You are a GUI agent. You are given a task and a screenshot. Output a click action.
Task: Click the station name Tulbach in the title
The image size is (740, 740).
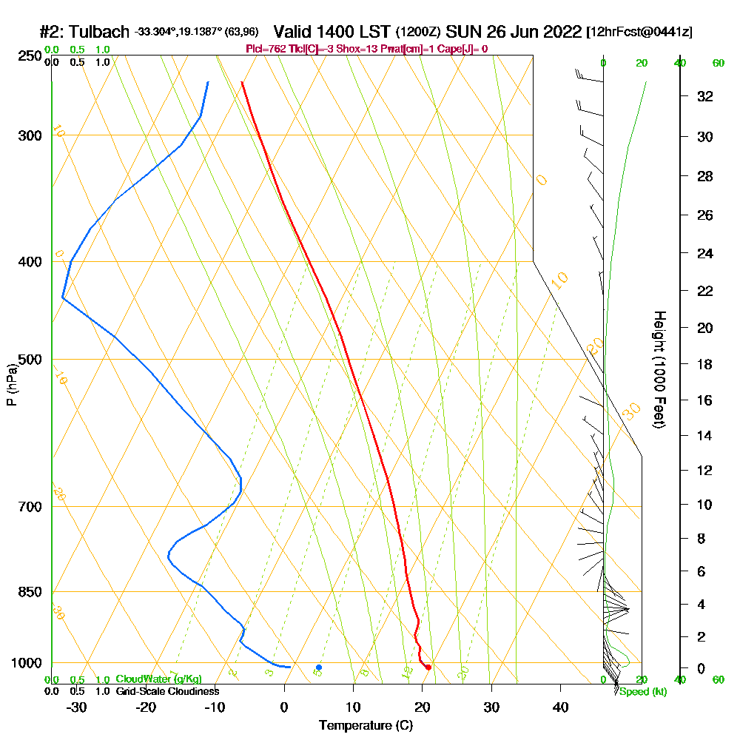(100, 32)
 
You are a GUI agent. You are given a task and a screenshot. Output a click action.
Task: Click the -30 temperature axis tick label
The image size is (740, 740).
(76, 707)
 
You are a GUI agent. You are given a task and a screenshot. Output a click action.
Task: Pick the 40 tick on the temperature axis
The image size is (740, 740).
(561, 707)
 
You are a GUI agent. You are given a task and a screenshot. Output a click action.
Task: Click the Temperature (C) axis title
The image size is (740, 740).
(366, 725)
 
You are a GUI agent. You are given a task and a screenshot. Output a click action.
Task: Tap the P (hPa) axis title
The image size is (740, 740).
(11, 385)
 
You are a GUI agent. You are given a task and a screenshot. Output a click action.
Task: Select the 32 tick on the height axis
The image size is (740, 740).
(705, 96)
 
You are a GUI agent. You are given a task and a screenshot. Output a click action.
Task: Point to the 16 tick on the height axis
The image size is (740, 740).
(705, 400)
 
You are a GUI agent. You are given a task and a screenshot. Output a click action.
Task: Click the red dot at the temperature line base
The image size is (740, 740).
(428, 667)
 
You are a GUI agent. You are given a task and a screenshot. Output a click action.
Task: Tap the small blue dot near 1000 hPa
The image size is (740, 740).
(319, 667)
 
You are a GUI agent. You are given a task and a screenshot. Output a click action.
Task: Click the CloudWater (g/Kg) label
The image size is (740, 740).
(158, 679)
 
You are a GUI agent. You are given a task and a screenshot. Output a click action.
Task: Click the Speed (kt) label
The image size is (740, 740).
(642, 692)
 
